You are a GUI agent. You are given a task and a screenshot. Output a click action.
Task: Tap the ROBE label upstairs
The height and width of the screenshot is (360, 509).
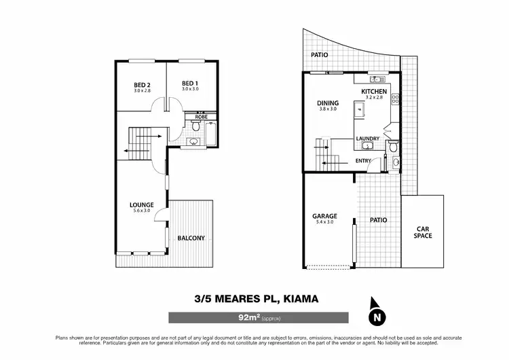pos(201,117)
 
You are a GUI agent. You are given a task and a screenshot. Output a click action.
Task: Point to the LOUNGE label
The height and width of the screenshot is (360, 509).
pos(142,204)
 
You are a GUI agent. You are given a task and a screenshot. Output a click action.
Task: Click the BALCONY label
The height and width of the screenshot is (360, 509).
pos(191,238)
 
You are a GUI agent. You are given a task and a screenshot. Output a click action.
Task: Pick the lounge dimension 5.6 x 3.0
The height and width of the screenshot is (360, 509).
pos(142,211)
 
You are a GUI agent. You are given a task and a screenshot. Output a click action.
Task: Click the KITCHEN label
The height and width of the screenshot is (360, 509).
pos(374,91)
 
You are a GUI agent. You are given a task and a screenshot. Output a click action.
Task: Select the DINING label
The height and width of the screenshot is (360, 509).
pos(328,103)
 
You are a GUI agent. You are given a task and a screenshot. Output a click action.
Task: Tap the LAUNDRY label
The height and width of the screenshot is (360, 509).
pos(368,139)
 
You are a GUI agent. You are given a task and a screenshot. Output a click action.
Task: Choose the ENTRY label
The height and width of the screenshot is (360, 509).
pos(364,161)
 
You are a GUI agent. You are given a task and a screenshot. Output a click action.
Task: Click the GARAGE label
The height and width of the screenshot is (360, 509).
pos(324,216)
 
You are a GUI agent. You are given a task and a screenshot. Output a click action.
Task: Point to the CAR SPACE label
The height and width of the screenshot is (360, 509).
pos(423,232)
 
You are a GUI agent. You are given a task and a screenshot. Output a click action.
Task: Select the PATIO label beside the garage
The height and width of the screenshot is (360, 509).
pos(378,220)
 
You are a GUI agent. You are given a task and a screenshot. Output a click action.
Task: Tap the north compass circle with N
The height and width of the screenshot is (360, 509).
pos(376,316)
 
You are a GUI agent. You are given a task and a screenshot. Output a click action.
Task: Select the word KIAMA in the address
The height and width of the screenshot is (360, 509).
pos(296,298)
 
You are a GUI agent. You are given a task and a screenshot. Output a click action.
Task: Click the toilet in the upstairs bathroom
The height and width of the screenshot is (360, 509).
pos(195,143)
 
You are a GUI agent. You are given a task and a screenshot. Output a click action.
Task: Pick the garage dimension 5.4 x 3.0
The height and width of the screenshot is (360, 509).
pos(324,222)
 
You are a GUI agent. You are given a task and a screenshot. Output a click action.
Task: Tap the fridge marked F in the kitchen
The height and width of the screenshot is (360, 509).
pos(358,109)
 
